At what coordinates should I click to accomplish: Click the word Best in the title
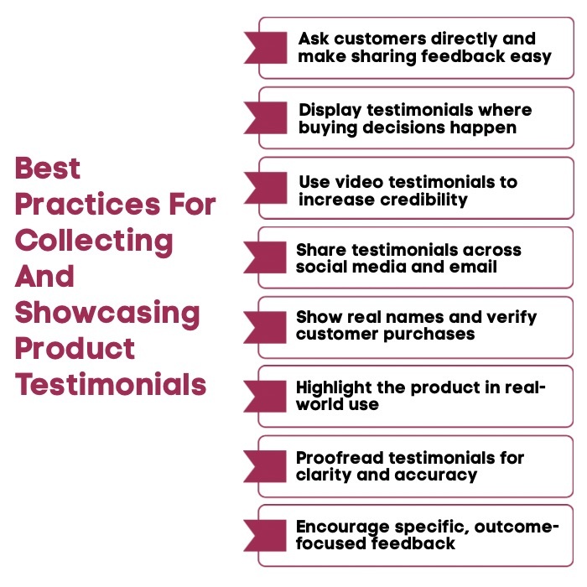point(48,169)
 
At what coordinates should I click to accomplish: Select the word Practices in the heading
point(81,205)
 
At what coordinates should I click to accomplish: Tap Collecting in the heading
point(94,241)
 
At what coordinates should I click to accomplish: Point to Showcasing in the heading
point(107,313)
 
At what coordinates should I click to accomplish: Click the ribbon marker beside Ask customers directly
point(267,47)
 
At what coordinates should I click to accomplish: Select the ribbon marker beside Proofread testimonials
point(267,465)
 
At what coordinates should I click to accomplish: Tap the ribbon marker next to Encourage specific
point(267,535)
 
